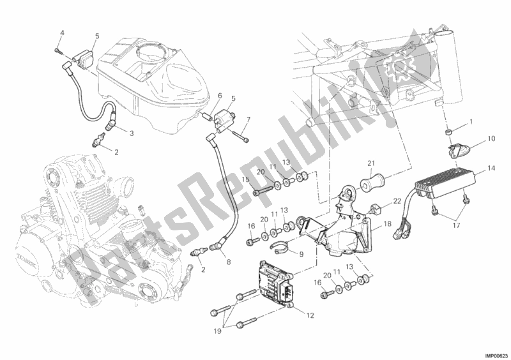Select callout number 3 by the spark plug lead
pyautogui.click(x=130, y=133)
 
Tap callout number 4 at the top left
pyautogui.click(x=63, y=33)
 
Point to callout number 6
pyautogui.click(x=219, y=96)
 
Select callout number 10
pyautogui.click(x=491, y=138)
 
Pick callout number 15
pyautogui.click(x=245, y=179)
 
